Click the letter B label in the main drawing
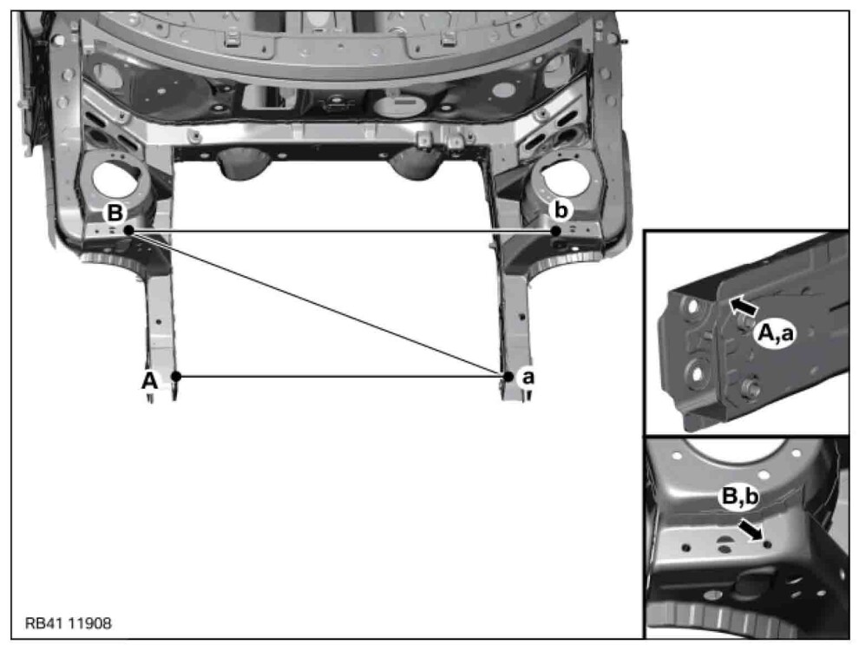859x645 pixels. pos(115,213)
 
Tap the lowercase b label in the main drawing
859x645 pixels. pos(561,210)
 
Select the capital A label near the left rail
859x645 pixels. pos(149,379)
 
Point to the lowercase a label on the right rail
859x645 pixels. pos(528,377)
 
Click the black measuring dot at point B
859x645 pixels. pos(128,231)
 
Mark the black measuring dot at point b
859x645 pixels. pos(555,231)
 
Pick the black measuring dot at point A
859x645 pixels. pos(176,377)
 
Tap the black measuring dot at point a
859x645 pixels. pos(508,377)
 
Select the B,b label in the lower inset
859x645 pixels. pos(740,497)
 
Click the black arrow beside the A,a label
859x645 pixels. pos(744,306)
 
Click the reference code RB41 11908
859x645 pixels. pos(69,623)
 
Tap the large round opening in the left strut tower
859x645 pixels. pos(115,181)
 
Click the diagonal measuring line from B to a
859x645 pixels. pos(318,304)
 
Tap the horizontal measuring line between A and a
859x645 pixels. pos(342,377)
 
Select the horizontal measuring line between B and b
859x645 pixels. pos(342,231)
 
